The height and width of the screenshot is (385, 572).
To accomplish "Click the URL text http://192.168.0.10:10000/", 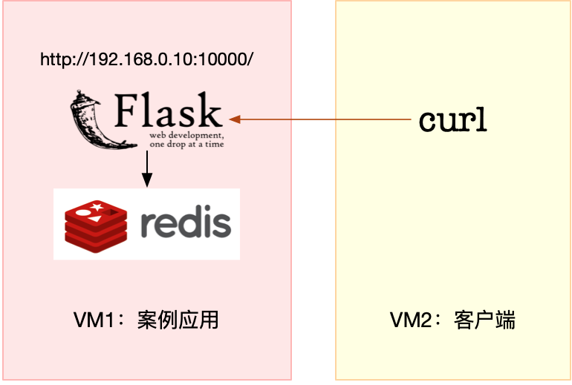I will [147, 59].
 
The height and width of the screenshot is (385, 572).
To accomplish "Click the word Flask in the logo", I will [169, 112].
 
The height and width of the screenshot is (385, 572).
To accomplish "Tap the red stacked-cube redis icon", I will [91, 224].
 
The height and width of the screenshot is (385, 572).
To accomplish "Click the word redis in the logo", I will [185, 223].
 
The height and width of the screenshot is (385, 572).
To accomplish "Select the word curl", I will [452, 120].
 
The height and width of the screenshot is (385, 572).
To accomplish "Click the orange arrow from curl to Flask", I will [319, 119].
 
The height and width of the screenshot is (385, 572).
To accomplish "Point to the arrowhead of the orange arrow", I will [235, 119].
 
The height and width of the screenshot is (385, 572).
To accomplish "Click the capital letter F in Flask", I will [127, 112].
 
